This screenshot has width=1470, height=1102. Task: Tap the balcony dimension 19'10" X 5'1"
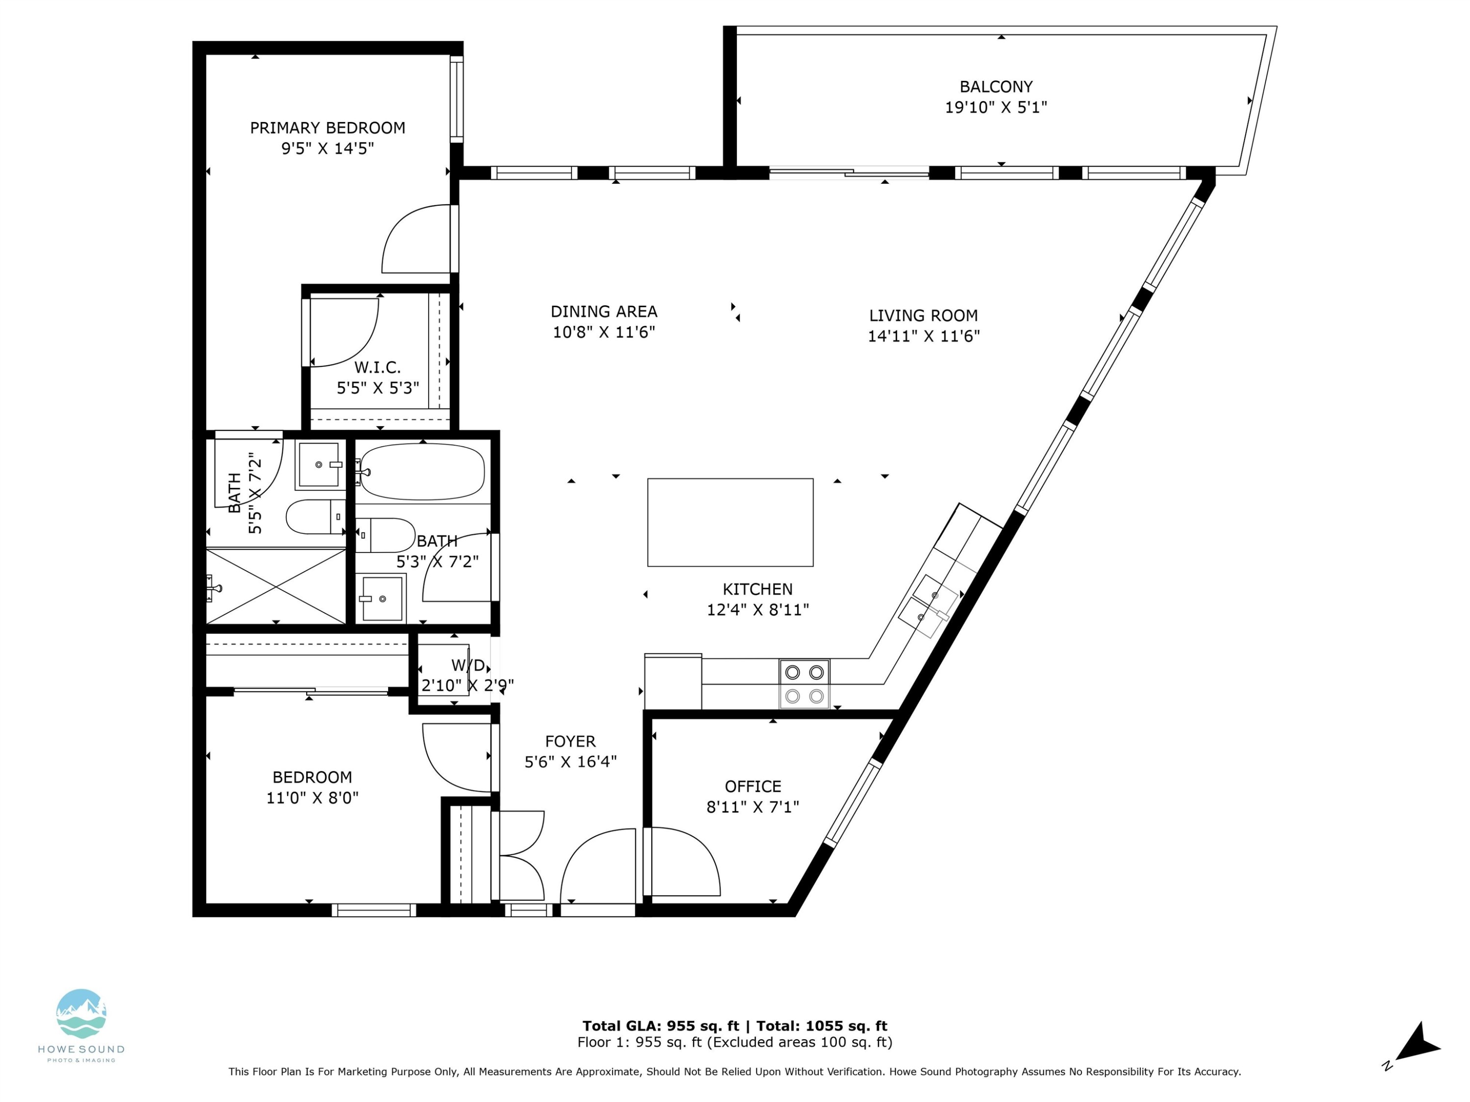(996, 107)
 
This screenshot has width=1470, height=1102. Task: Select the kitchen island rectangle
(730, 522)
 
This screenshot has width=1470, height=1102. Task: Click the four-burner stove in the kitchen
(804, 684)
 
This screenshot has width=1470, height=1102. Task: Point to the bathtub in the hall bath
(422, 472)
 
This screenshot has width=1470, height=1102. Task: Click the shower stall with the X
(276, 586)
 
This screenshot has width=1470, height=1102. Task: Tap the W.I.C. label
(377, 367)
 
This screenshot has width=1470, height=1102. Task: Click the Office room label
(752, 787)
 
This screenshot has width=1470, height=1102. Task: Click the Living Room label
(923, 315)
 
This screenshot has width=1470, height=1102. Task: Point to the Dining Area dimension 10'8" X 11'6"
(603, 332)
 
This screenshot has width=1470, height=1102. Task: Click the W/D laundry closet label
(468, 665)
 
